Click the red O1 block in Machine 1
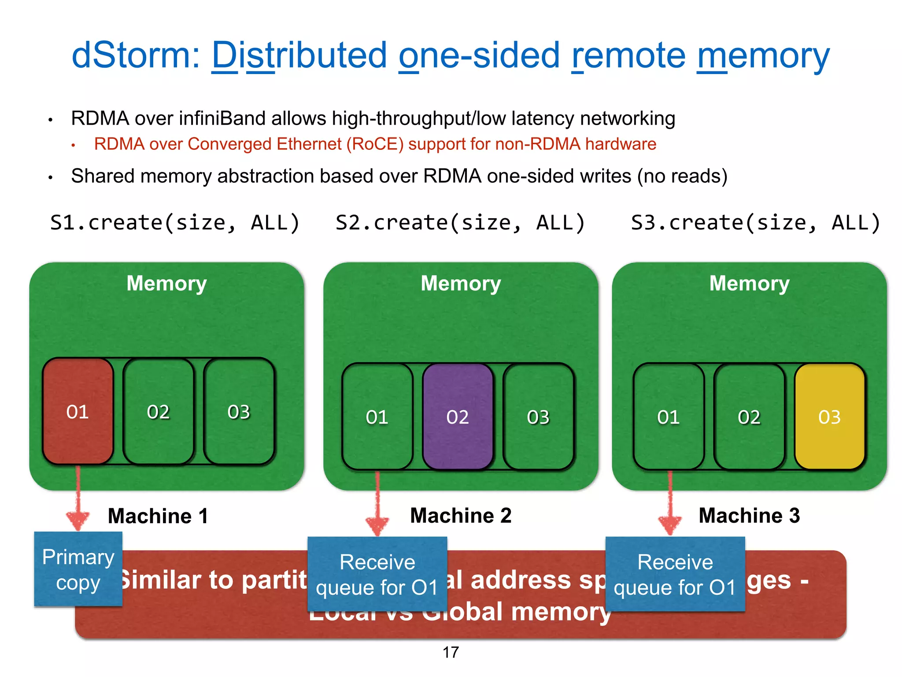click(x=78, y=411)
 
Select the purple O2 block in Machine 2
click(x=458, y=417)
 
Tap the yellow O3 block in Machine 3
click(x=830, y=417)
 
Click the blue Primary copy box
click(x=78, y=569)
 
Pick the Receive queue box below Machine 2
click(x=377, y=574)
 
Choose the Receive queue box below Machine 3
click(x=675, y=574)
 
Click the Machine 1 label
click(x=158, y=516)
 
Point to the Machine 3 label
click(x=749, y=515)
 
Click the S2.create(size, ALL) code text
click(x=460, y=223)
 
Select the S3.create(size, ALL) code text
click(x=755, y=223)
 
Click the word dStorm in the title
click(x=136, y=55)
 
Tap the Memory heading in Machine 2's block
click(x=461, y=283)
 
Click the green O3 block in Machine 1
click(x=239, y=411)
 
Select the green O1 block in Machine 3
click(x=668, y=417)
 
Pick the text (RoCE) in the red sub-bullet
click(x=375, y=144)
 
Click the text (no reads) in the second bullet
click(x=682, y=176)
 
